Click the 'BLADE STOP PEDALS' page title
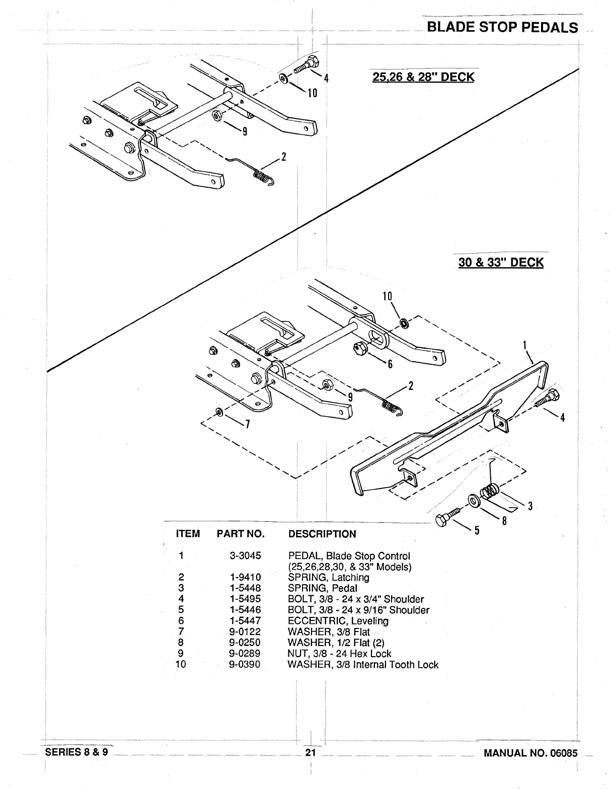[502, 27]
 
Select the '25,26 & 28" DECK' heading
[423, 77]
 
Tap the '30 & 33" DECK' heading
[501, 262]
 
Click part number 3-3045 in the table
[245, 556]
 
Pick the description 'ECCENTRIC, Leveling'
[338, 621]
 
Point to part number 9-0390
[245, 665]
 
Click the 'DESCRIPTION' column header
[322, 534]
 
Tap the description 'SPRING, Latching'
[328, 577]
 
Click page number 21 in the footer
[310, 753]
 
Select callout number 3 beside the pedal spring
[530, 506]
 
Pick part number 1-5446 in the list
[245, 610]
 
